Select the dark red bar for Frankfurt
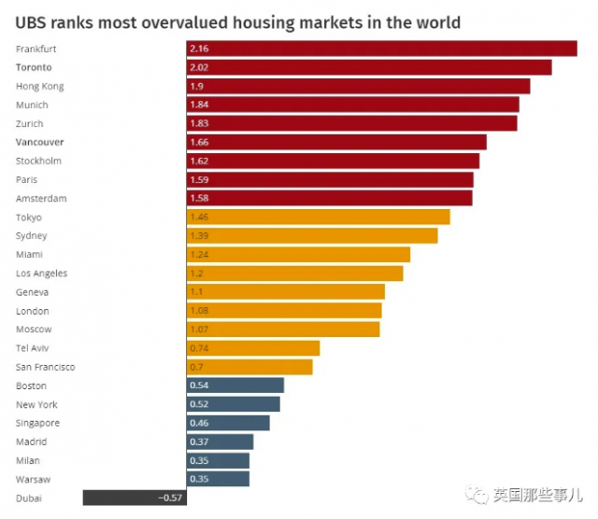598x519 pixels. pos(381,49)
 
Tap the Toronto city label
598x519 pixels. pos(34,68)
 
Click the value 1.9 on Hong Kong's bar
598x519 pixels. pos(197,86)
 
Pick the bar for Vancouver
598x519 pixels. pos(336,142)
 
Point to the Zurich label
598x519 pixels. pos(30,124)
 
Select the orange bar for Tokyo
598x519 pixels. pos(318,217)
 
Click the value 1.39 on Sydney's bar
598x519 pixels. pos(200,236)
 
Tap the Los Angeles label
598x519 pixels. pos(42,274)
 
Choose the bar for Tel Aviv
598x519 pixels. pos(253,348)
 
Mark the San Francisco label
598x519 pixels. pos(46,367)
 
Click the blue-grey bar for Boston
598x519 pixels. pos(235,386)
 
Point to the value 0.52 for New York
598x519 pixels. pos(200,404)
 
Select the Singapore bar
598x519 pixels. pos(228,423)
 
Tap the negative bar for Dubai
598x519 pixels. pos(135,498)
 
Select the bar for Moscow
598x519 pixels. pos(283,330)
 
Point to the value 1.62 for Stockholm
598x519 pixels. pos(200,161)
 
